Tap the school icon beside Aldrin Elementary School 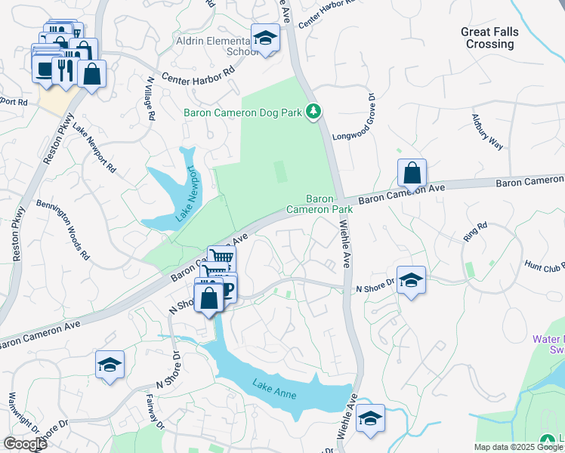click(x=265, y=38)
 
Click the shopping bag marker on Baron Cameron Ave click(x=412, y=174)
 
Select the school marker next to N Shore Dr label click(x=410, y=281)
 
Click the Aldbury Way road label click(x=487, y=132)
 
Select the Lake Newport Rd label click(x=95, y=148)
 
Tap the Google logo click(x=24, y=444)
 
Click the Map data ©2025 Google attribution click(x=518, y=447)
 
